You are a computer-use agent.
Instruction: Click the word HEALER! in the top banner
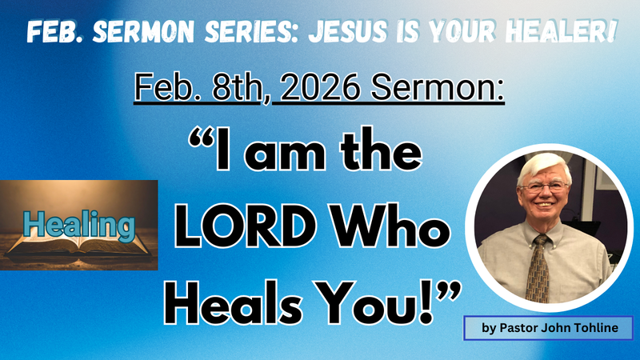(561, 32)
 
